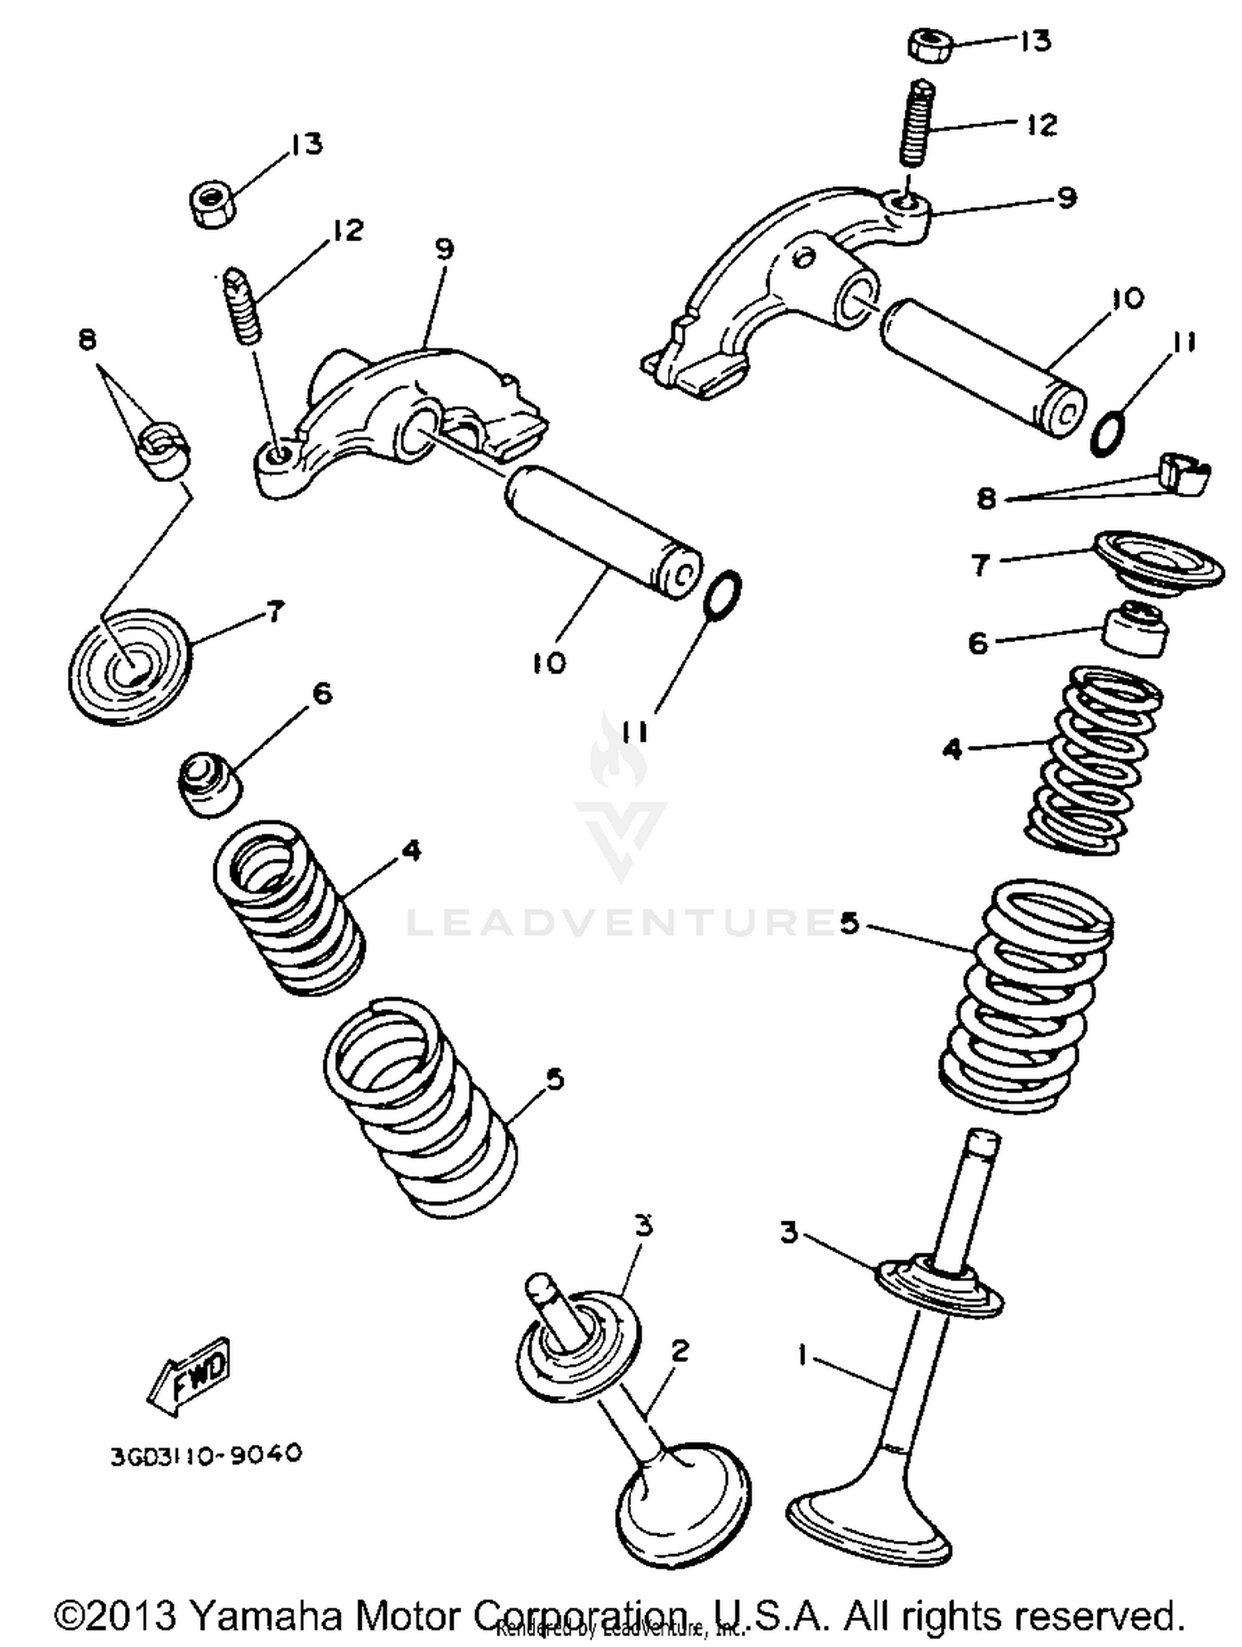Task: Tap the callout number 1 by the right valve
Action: tap(802, 1355)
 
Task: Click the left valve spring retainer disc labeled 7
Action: tap(129, 667)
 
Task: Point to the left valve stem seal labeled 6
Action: tap(210, 783)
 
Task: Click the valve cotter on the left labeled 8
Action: tap(164, 450)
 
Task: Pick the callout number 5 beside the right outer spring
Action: tap(849, 922)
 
